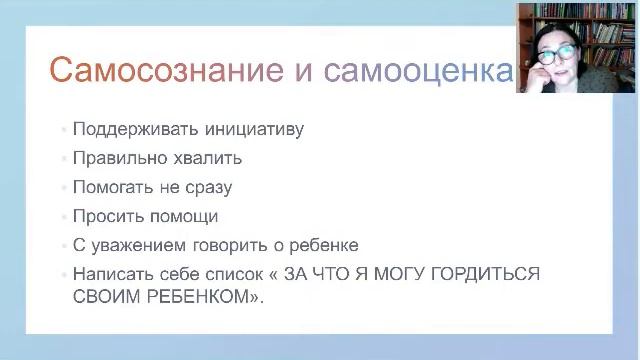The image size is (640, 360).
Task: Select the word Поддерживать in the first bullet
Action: click(x=124, y=129)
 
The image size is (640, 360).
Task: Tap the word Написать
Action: click(x=107, y=273)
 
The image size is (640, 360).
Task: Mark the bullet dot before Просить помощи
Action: click(x=63, y=216)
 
